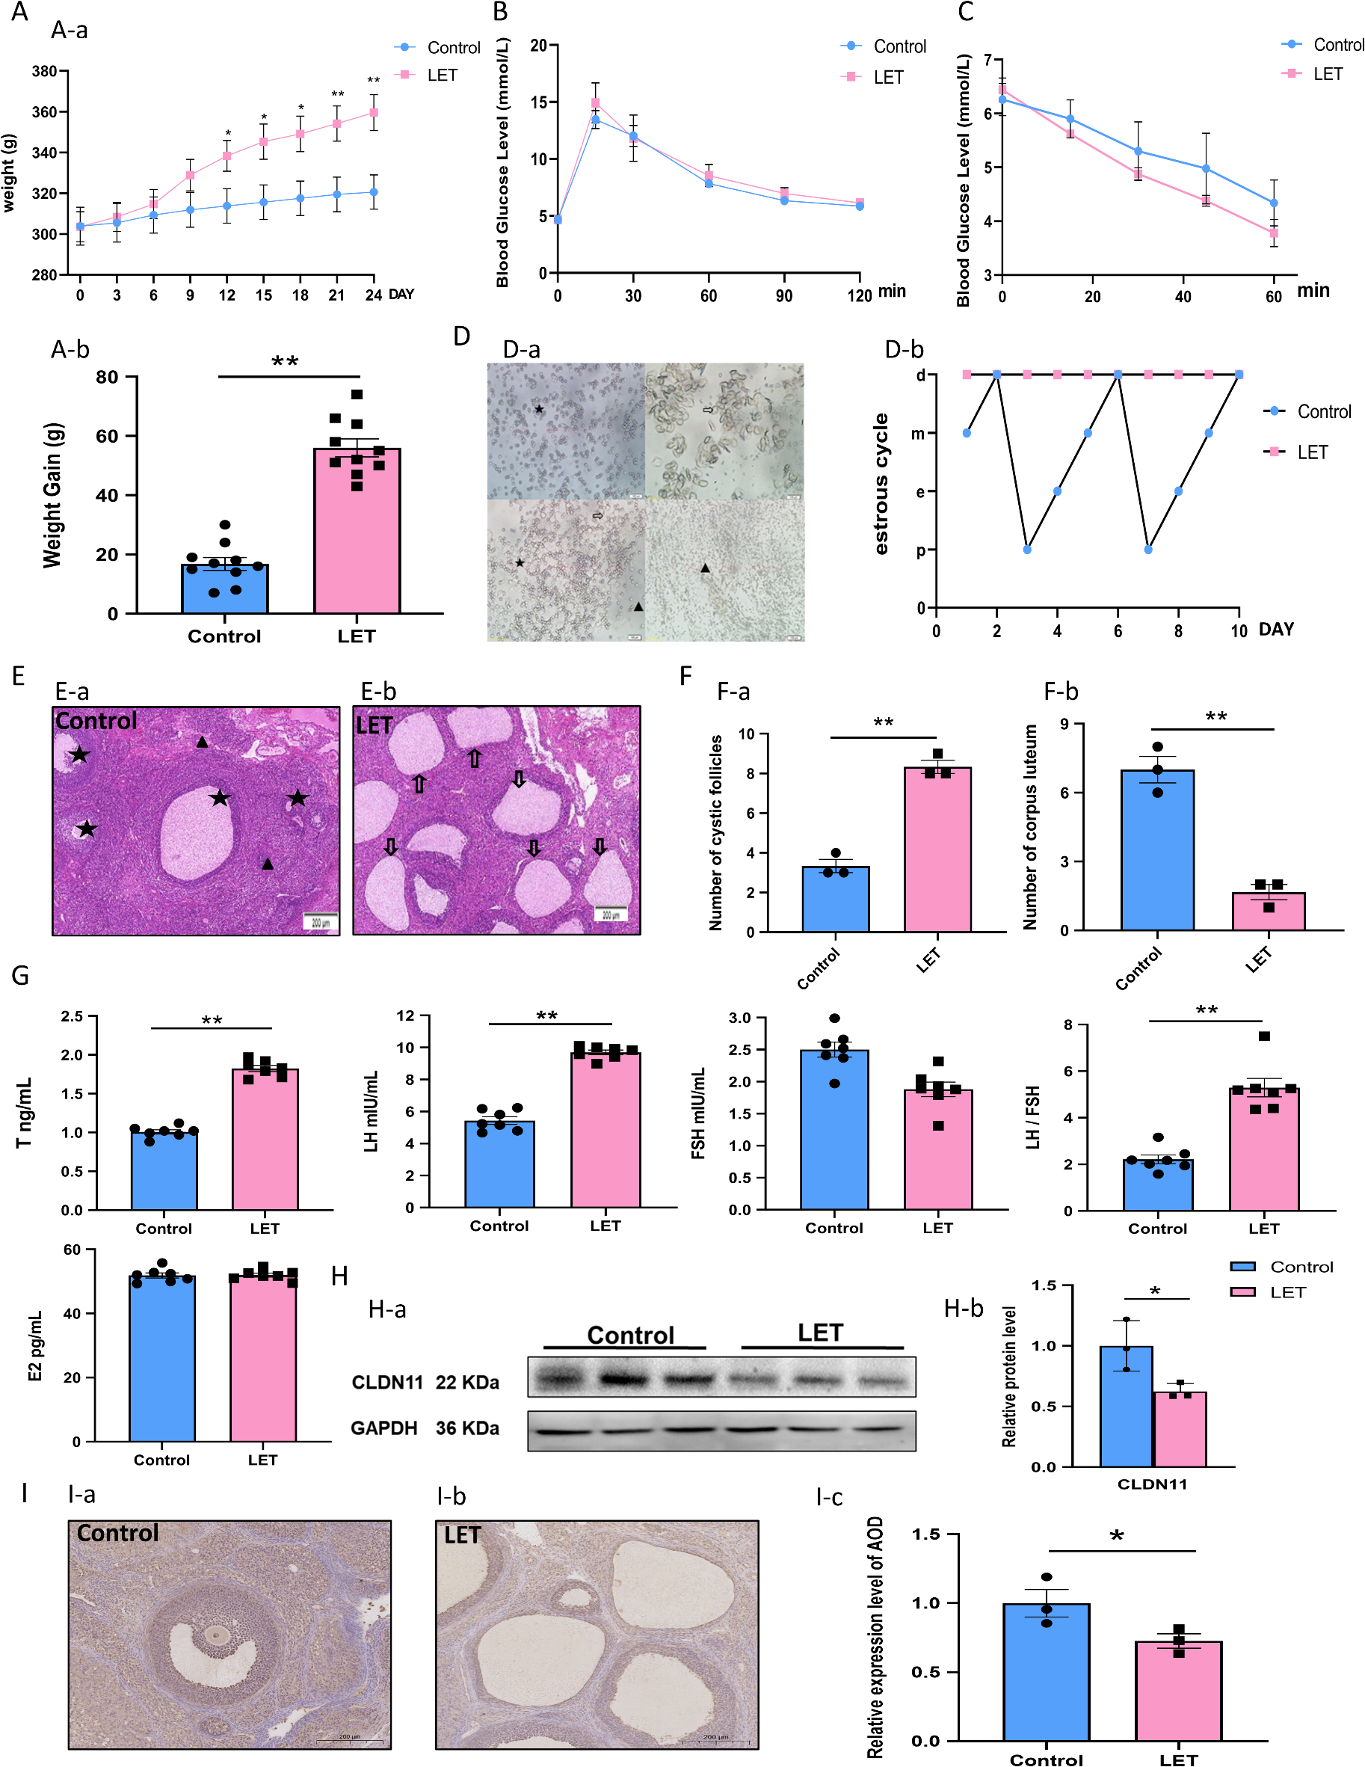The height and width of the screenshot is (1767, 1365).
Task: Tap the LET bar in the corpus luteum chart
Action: (x=1268, y=912)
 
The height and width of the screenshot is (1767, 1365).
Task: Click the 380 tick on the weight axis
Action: (x=44, y=71)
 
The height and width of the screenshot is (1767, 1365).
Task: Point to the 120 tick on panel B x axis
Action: (x=860, y=296)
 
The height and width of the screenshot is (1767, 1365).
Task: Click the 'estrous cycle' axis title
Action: (x=881, y=484)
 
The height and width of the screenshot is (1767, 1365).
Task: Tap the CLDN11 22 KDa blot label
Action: (x=425, y=1382)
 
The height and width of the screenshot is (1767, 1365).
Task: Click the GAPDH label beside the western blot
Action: (x=384, y=1428)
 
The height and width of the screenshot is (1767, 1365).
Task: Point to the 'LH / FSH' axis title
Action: (x=1032, y=1117)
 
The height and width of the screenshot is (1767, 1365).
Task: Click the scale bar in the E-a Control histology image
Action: (x=321, y=921)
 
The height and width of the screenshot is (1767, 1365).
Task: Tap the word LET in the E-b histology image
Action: (x=374, y=725)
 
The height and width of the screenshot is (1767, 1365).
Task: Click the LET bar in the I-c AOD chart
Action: (x=1178, y=1690)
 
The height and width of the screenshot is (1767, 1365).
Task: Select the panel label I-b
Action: (x=451, y=1497)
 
